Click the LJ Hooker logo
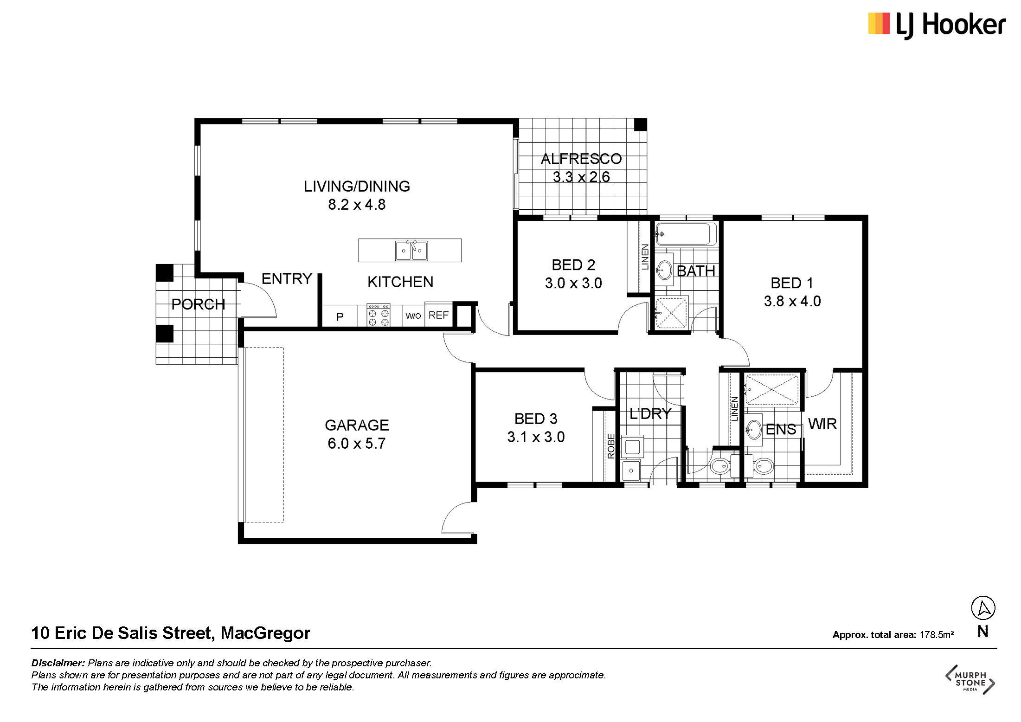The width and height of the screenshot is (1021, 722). tap(937, 25)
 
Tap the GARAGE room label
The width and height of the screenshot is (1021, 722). tap(357, 425)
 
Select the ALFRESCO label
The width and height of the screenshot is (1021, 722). tap(581, 159)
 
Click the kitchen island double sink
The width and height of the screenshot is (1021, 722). tap(411, 251)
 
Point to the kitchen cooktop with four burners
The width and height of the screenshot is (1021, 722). tap(379, 316)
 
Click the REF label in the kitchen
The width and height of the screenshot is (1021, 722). tap(438, 316)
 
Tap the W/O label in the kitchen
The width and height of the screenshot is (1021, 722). tap(413, 316)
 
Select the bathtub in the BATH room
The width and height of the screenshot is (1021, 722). tap(686, 234)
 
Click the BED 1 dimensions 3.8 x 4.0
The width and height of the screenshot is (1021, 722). tap(792, 301)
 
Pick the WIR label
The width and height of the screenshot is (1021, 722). tap(822, 424)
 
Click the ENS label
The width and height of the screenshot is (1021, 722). tap(781, 430)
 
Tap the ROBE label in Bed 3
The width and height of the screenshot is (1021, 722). tap(611, 446)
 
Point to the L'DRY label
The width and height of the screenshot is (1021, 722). tap(650, 413)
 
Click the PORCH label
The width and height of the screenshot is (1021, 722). tap(198, 304)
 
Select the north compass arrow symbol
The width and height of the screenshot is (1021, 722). tap(983, 608)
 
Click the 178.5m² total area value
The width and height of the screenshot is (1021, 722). tap(937, 634)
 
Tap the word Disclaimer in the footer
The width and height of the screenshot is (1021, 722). tap(58, 663)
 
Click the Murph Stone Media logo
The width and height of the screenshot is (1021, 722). tap(970, 680)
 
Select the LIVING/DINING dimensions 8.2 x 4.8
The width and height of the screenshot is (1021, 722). tap(357, 205)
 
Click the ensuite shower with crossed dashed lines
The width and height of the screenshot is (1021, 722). tap(772, 389)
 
